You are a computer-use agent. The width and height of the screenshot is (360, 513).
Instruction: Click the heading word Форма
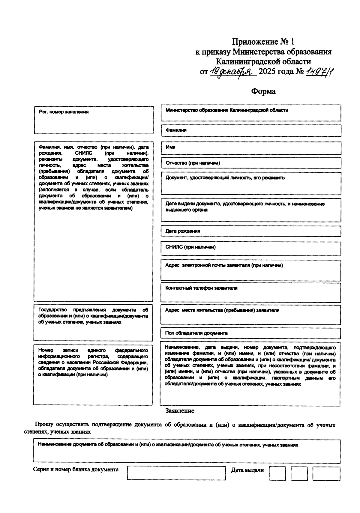pos(263,91)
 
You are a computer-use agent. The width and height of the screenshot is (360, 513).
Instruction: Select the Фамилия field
pos(251,131)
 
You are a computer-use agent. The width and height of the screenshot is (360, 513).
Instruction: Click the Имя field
pos(251,148)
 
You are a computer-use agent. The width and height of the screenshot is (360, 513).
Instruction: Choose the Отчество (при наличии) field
pos(251,163)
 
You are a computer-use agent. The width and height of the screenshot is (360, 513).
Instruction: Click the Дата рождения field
pos(251,231)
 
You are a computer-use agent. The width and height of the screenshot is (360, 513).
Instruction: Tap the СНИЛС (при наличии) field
pos(251,249)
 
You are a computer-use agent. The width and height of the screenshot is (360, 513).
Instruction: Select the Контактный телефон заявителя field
pos(251,292)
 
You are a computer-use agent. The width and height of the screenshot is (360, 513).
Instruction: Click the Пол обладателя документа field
pos(251,333)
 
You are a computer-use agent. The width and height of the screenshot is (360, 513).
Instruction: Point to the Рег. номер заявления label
pos(64,112)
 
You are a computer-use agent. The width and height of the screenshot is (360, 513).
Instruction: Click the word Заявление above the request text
pos(180,411)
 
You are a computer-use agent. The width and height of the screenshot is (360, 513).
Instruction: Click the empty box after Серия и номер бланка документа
pos(176,473)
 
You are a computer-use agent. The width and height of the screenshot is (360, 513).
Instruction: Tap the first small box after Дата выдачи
pos(277,473)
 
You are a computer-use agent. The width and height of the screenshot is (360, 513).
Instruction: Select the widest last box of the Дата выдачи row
pos(326,473)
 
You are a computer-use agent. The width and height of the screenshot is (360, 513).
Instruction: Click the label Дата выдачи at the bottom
pos(247,470)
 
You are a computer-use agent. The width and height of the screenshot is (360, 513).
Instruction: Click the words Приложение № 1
pos(263,41)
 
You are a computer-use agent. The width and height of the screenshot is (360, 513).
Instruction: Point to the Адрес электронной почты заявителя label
pos(224,265)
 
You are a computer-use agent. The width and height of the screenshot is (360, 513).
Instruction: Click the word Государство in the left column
pos(52,310)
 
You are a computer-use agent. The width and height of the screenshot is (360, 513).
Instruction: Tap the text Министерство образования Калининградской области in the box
pos(227,110)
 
